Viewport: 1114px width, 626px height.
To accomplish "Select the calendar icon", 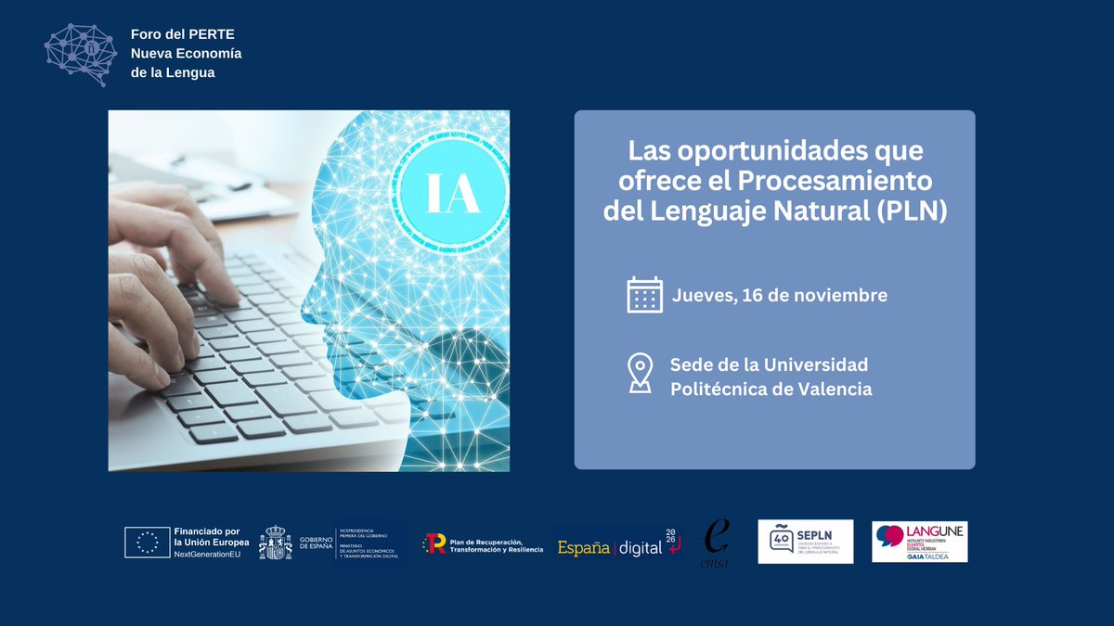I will tap(644, 295).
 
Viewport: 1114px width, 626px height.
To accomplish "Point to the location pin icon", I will tap(640, 373).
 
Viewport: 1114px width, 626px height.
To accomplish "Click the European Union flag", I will tap(147, 543).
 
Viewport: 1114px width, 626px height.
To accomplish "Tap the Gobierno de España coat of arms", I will tap(275, 543).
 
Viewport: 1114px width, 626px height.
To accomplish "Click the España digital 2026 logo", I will tap(616, 546).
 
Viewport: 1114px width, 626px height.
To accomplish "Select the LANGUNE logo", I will tap(919, 542).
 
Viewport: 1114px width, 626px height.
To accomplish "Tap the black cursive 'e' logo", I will tap(716, 539).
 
